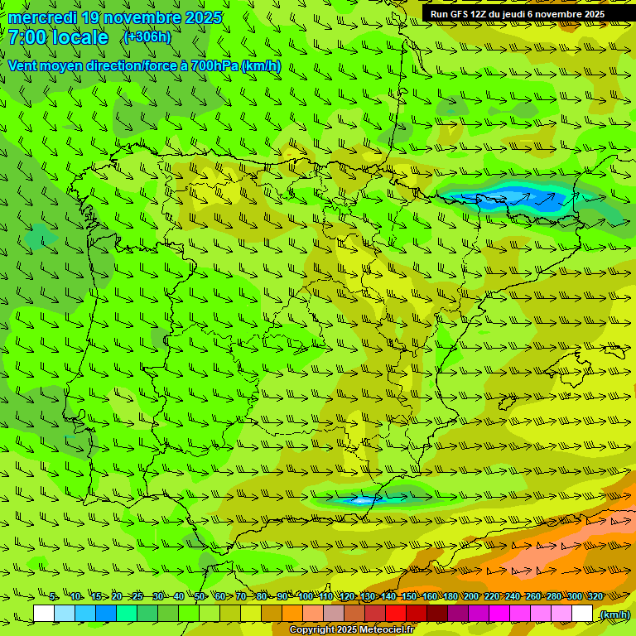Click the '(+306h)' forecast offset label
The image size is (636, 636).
click(147, 36)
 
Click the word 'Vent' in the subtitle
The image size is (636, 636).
click(25, 65)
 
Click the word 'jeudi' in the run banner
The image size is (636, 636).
click(518, 14)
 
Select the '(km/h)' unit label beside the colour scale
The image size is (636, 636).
click(614, 614)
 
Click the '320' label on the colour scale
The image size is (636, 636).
click(595, 596)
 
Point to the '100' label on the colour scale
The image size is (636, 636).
click(305, 596)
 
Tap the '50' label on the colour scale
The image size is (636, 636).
click(200, 596)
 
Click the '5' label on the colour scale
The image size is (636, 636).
click(53, 596)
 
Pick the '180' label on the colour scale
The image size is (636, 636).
click(450, 596)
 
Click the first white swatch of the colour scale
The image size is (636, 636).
click(44, 614)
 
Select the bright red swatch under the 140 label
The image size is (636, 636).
click(396, 614)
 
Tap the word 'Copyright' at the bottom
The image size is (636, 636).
click(313, 630)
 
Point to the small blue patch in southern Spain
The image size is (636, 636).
click(362, 500)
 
